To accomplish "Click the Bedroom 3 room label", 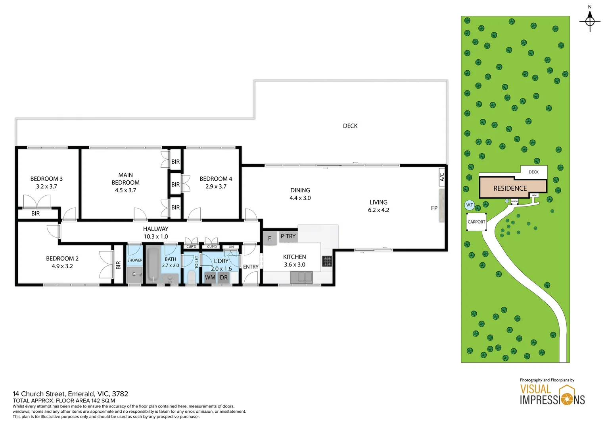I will pos(46,179).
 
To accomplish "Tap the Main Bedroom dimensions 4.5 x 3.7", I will pos(125,190).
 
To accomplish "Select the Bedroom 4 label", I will pos(216,179).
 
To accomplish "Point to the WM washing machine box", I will pos(210,277).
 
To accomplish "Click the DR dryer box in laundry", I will pos(224,277).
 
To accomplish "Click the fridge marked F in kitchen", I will pos(270,238).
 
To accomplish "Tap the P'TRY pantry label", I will pos(288,236).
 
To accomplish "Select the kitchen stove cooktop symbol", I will pos(327,261).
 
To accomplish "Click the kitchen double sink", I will pos(301,277).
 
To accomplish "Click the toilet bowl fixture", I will pos(191,276).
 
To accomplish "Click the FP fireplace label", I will pos(434,208).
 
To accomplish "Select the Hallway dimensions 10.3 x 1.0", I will pos(155,236).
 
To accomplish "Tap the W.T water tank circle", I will pos(470,205).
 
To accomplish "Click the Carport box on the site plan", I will pos(476,222).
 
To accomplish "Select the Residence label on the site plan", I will pos(510,188).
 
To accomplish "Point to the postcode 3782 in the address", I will pos(120,394).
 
